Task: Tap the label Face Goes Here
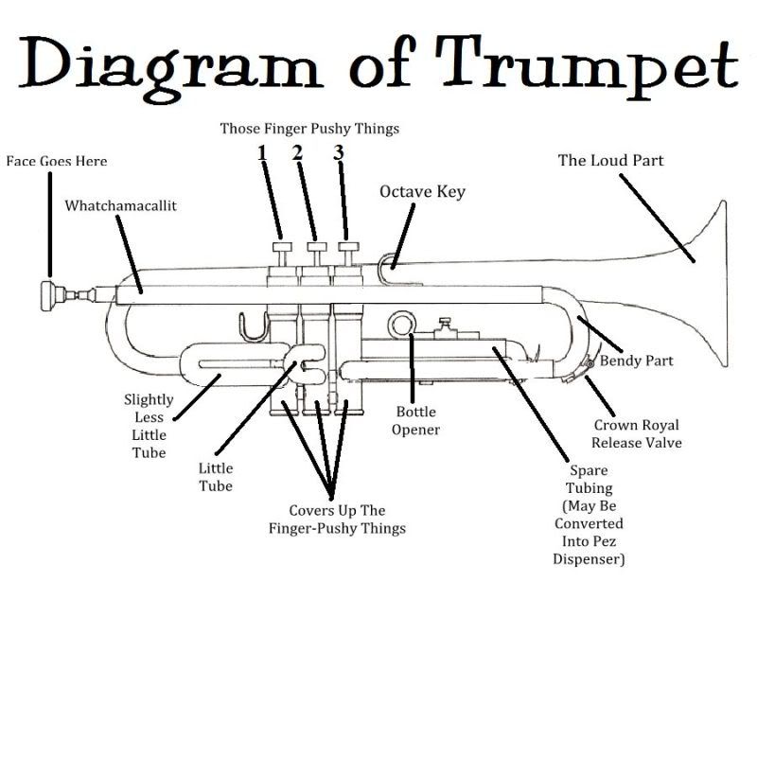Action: click(x=57, y=161)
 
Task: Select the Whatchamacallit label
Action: click(x=120, y=204)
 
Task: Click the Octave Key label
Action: click(x=422, y=192)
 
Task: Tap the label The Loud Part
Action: click(x=610, y=160)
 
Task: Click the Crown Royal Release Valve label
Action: click(x=636, y=433)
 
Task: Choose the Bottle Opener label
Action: click(x=417, y=421)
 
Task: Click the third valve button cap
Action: click(x=350, y=248)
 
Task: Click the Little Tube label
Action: click(x=216, y=477)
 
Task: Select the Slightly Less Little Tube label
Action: click(x=149, y=426)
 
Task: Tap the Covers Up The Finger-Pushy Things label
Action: click(x=337, y=519)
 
